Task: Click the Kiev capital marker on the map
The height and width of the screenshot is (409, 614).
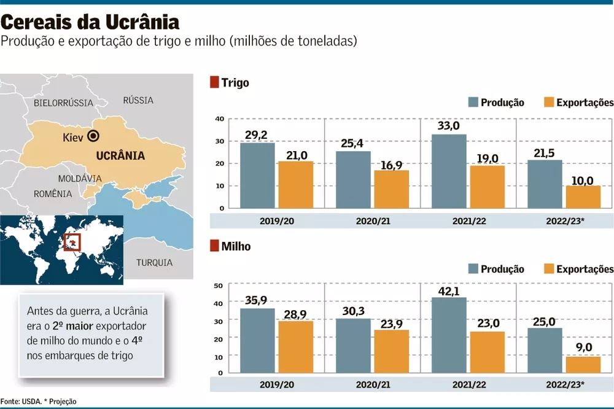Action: click(94, 136)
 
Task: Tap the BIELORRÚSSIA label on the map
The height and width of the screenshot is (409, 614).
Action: click(63, 103)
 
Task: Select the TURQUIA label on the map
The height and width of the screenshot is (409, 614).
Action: click(154, 262)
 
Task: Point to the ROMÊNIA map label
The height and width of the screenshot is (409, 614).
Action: click(53, 193)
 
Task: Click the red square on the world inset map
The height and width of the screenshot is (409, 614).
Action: click(72, 243)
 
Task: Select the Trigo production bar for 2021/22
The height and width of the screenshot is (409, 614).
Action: click(449, 171)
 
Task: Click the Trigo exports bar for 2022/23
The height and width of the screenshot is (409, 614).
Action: click(583, 197)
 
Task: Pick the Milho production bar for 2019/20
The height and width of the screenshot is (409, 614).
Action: click(257, 340)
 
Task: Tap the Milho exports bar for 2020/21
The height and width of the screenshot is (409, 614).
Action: click(391, 351)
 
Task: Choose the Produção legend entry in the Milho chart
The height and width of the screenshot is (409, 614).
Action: click(495, 269)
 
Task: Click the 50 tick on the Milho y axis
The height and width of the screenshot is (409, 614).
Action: click(217, 286)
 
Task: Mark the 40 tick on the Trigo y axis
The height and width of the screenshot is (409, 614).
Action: click(219, 119)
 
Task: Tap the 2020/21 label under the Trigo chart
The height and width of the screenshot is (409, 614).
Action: click(372, 220)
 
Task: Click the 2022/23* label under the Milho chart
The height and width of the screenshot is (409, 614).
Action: click(564, 384)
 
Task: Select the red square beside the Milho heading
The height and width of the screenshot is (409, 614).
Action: click(214, 246)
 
